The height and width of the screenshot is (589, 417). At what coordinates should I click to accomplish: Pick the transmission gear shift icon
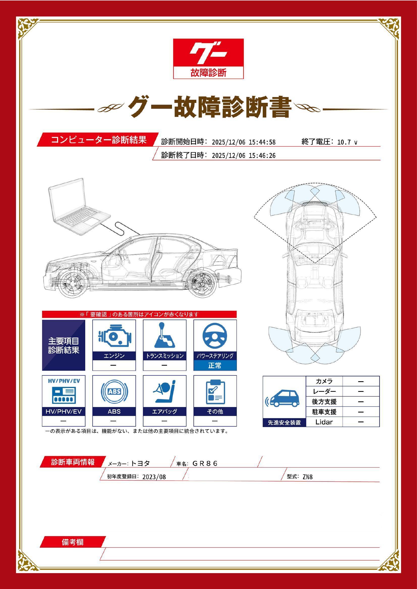pyautogui.click(x=164, y=335)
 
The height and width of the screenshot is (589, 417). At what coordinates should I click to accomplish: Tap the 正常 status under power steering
pyautogui.click(x=215, y=365)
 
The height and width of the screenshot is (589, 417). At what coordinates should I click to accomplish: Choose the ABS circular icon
pyautogui.click(x=114, y=392)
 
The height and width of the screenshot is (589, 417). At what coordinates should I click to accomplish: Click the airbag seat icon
pyautogui.click(x=164, y=392)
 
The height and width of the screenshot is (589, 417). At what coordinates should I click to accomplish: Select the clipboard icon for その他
pyautogui.click(x=215, y=392)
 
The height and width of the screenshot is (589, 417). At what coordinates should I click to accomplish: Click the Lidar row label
pyautogui.click(x=324, y=422)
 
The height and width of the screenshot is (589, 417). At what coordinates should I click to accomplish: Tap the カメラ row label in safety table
pyautogui.click(x=324, y=382)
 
